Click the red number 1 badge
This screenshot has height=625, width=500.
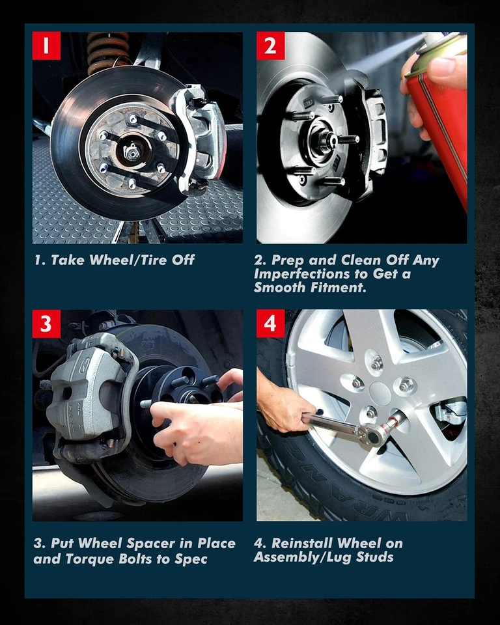coord(46,46)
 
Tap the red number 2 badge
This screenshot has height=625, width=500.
coord(270,46)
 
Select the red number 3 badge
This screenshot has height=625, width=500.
coord(46,324)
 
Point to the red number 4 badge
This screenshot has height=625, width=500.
coord(270,324)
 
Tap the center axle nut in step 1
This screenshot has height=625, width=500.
coord(132,152)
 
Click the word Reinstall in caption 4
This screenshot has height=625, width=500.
coord(302,543)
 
